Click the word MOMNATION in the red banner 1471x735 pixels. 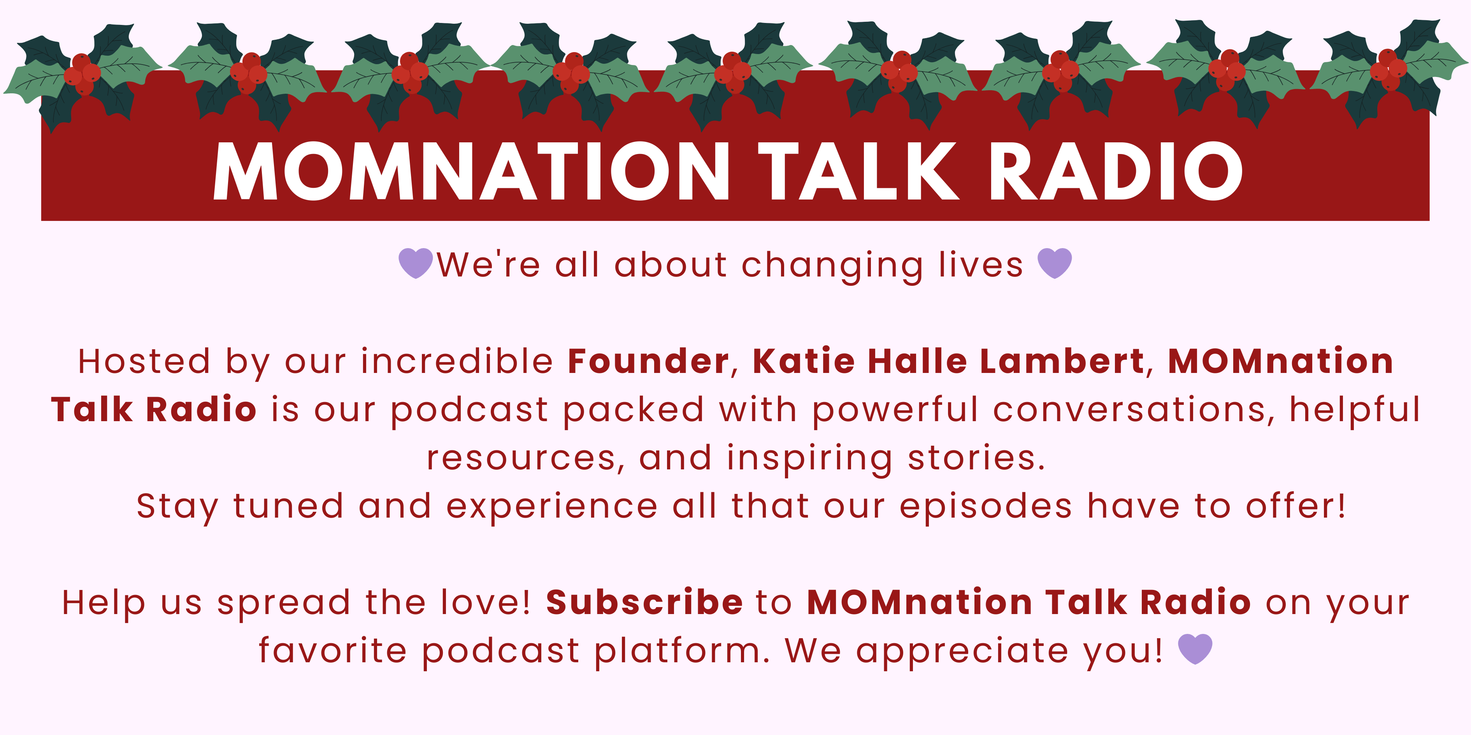471,171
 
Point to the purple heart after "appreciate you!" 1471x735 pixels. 1195,649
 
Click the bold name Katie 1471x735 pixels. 804,361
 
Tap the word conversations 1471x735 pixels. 1134,410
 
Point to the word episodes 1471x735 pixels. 986,508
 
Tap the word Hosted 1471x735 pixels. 144,361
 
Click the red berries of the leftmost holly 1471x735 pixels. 83,73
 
